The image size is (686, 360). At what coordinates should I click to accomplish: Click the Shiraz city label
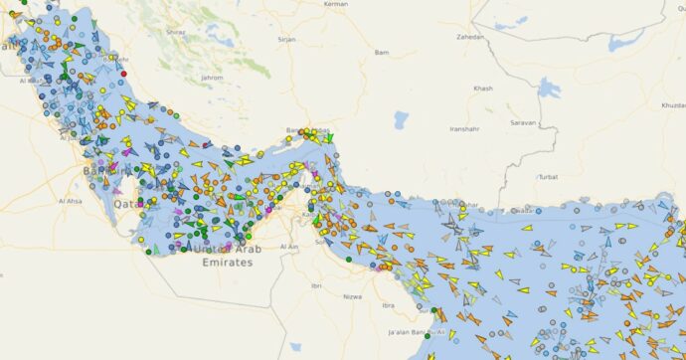tap(176, 32)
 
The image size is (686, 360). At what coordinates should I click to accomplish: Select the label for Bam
tap(381, 52)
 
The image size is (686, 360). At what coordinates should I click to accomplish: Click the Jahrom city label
tap(212, 77)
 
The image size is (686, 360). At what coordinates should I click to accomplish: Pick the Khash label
tap(483, 89)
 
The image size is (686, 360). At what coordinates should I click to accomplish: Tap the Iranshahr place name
tap(465, 129)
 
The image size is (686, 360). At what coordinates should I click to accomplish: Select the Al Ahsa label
tap(71, 201)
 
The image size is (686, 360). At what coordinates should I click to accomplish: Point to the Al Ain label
tap(289, 246)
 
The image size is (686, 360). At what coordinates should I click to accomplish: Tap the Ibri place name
tap(317, 284)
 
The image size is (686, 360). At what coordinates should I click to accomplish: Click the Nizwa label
tap(351, 295)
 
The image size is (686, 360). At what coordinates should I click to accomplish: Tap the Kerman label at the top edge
tap(337, 5)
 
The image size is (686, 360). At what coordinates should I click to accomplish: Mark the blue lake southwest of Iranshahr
tap(401, 120)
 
